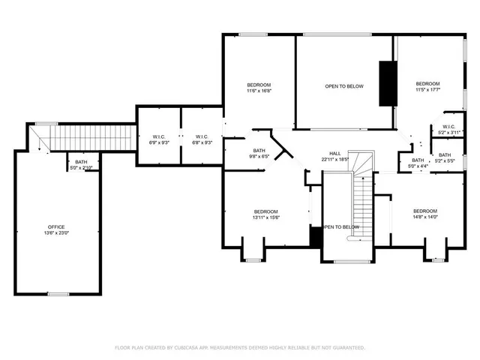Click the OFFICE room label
(x=56, y=226)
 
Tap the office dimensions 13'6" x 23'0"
(x=56, y=233)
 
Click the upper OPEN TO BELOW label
(x=344, y=86)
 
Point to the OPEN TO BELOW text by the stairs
(x=341, y=227)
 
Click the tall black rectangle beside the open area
(x=388, y=83)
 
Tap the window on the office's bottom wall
(x=58, y=294)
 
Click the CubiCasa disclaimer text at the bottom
(x=240, y=348)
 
